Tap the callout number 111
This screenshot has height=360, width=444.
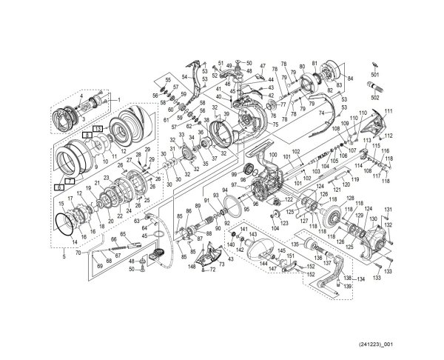[x=388, y=111]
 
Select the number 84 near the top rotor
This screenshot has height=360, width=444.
[x=350, y=78]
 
